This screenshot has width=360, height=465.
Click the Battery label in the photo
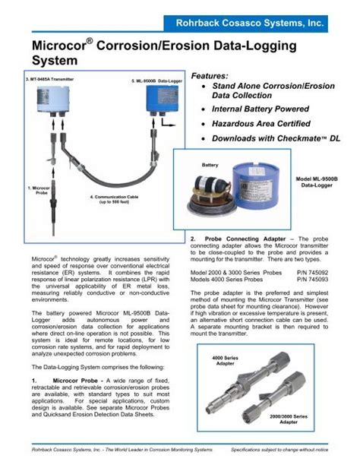click(x=210, y=165)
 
